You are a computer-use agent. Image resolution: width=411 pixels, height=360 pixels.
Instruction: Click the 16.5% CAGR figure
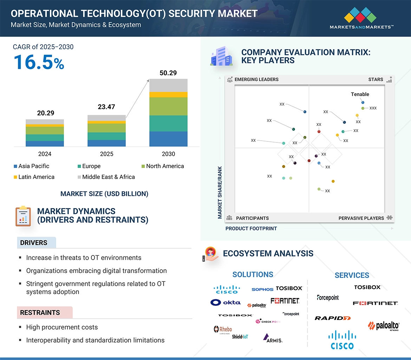tap(39, 62)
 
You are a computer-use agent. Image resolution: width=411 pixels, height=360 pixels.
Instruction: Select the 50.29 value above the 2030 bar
tap(168, 73)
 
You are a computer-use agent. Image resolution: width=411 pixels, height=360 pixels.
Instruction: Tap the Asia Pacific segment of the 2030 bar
tap(168, 139)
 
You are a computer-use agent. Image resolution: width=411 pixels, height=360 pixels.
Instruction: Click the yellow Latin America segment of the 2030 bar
tap(168, 95)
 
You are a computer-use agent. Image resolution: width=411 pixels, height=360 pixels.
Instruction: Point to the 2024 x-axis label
tap(45, 154)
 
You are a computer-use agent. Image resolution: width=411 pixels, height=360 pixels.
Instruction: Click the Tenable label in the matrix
tap(360, 94)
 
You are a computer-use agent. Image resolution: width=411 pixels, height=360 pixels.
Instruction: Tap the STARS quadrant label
tap(376, 79)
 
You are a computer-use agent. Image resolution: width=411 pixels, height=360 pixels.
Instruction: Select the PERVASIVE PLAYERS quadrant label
tap(361, 218)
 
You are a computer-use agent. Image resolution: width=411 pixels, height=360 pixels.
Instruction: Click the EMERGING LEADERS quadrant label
tap(256, 79)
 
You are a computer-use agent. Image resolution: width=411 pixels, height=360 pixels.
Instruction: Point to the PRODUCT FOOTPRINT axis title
tap(251, 228)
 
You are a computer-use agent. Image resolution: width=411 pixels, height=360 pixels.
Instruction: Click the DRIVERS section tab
tap(34, 243)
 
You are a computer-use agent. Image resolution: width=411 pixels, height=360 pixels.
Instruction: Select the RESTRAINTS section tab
tap(40, 312)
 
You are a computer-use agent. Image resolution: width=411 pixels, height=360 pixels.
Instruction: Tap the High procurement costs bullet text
tap(62, 327)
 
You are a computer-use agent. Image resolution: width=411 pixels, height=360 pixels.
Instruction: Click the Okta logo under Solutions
tap(226, 302)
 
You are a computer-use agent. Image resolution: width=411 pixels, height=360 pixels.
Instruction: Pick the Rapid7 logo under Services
tap(332, 318)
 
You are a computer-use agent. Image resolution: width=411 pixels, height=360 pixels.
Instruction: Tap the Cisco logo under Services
tap(342, 340)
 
